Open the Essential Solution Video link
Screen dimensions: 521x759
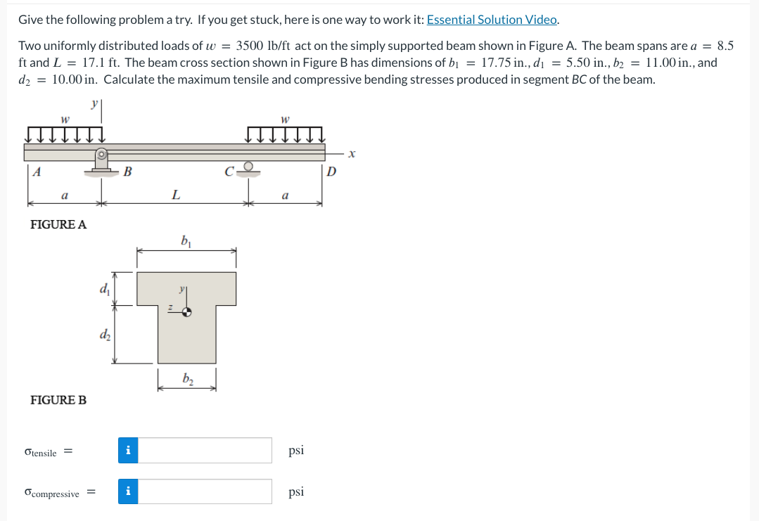click(x=492, y=20)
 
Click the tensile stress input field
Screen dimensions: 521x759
click(x=205, y=450)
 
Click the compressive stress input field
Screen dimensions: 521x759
click(x=205, y=491)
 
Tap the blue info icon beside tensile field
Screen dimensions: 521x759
click(x=128, y=450)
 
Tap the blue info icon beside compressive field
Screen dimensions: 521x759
click(x=128, y=491)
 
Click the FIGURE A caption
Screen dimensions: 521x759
click(x=58, y=224)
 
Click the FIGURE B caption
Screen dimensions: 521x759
click(x=58, y=400)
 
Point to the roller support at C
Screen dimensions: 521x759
click(x=248, y=169)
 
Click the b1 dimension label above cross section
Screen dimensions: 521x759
click(x=186, y=243)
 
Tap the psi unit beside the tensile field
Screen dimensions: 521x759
click(x=296, y=450)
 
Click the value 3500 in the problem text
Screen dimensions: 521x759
click(x=250, y=46)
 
